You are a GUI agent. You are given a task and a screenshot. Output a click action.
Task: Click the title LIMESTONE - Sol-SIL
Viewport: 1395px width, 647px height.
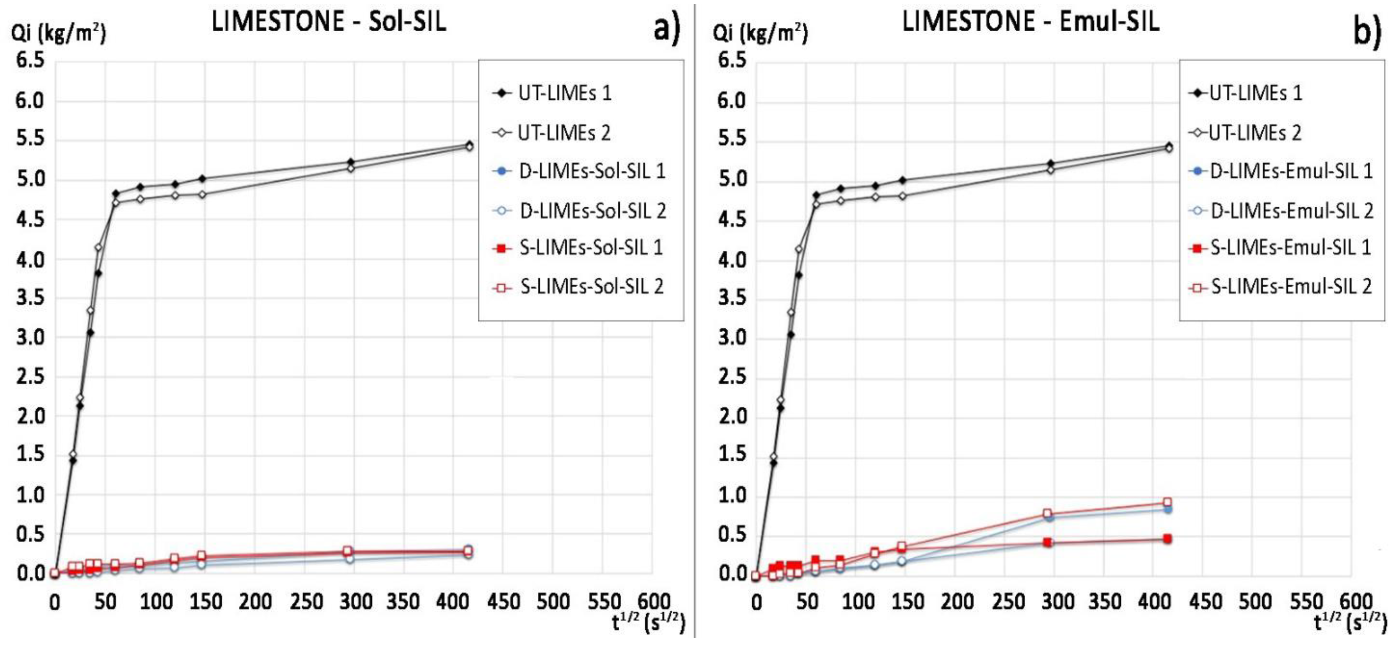[x=329, y=23]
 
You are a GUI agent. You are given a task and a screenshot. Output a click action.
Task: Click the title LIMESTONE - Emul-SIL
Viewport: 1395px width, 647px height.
[x=1030, y=23]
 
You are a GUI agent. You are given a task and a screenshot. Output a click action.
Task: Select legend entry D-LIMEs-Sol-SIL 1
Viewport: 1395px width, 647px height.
[x=591, y=172]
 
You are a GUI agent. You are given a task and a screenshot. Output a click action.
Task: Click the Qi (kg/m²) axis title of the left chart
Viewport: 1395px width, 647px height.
[x=59, y=34]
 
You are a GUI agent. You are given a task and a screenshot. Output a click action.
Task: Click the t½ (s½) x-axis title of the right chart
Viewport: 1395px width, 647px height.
[x=1351, y=624]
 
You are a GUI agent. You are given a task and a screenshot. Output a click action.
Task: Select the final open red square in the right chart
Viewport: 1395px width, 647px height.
[x=1168, y=502]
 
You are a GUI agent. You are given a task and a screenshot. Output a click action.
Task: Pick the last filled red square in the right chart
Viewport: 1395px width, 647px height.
[x=1168, y=539]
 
